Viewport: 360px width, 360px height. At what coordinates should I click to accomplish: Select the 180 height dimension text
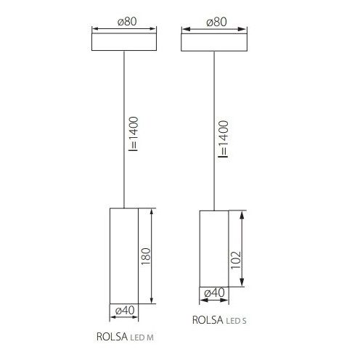tap(144, 256)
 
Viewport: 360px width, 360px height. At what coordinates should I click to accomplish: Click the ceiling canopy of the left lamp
tap(126, 41)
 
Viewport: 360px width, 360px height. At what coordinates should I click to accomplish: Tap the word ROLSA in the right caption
tap(207, 319)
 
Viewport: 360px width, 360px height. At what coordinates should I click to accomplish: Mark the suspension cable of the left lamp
tap(124, 131)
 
